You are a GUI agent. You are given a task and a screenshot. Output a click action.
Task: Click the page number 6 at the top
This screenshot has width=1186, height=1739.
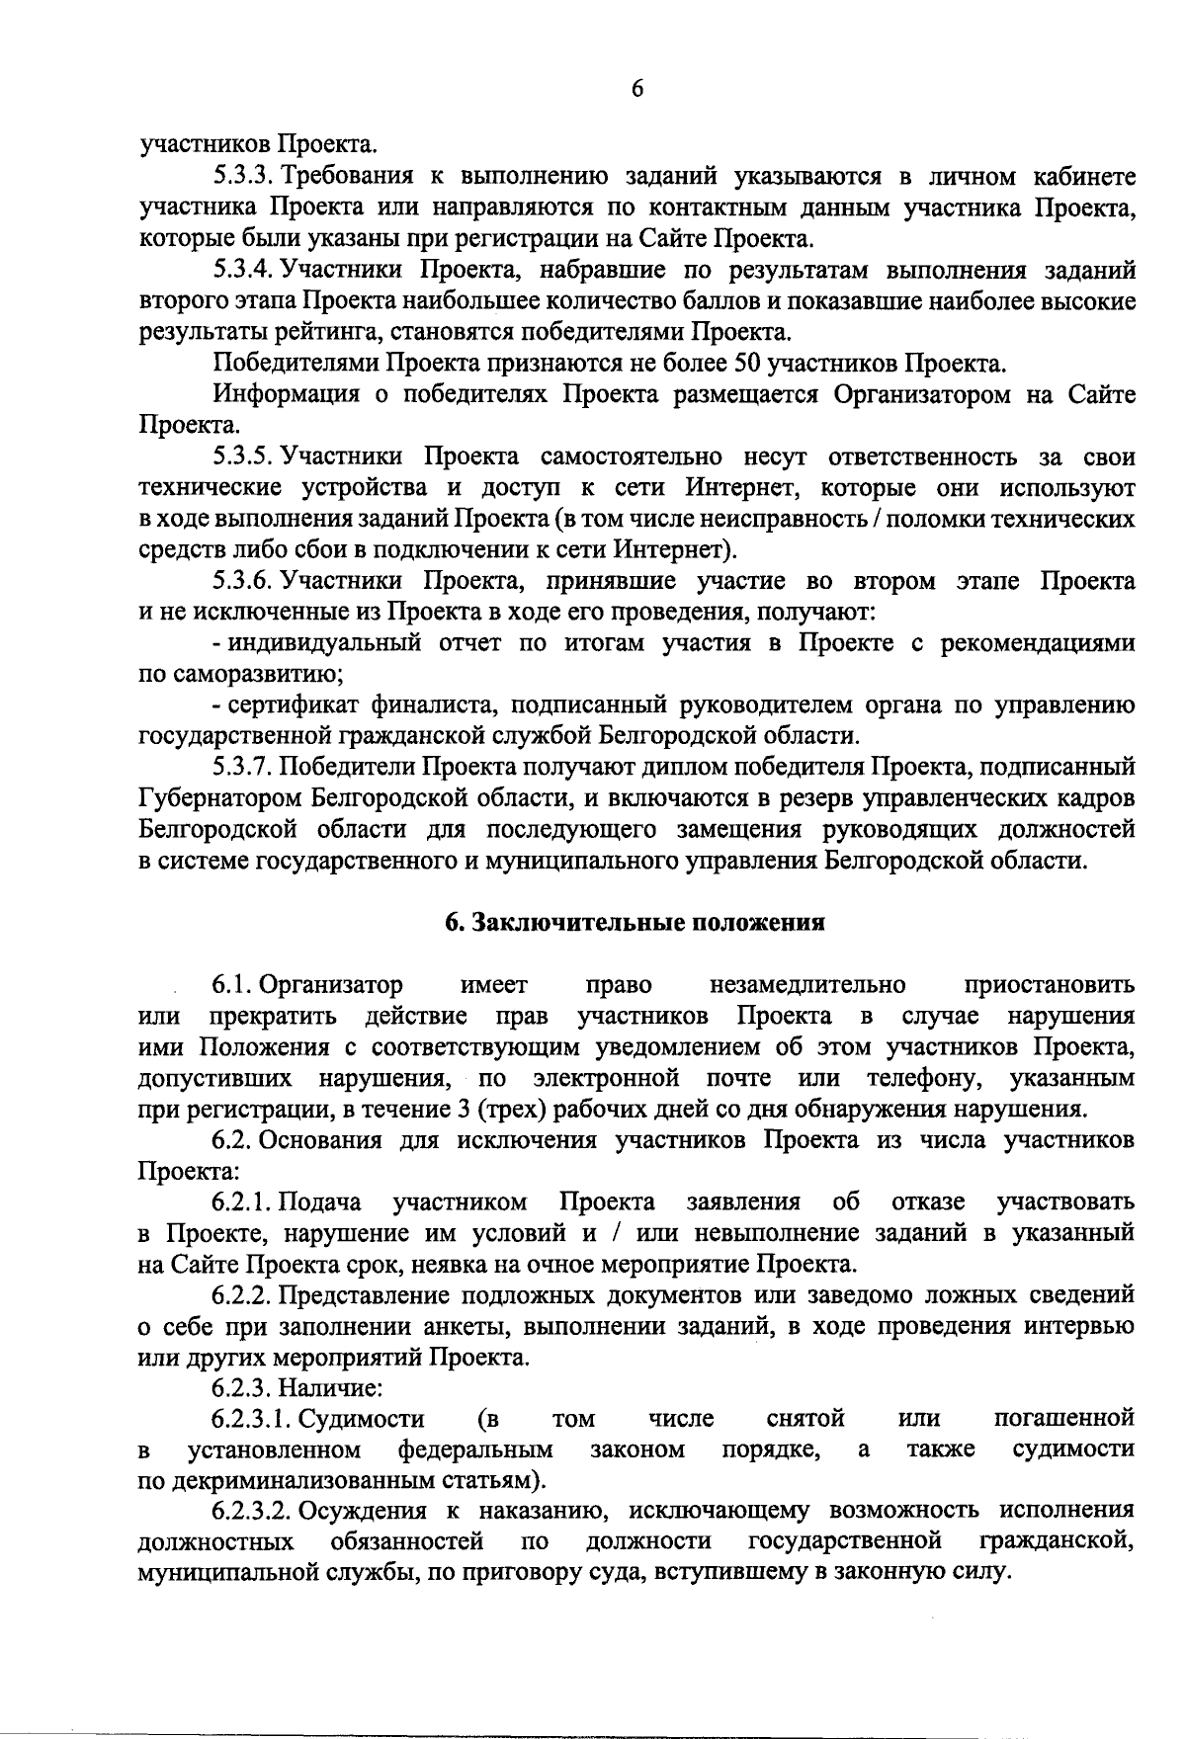(x=636, y=89)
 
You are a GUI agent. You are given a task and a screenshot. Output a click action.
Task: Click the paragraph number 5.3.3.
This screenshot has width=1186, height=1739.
(x=243, y=177)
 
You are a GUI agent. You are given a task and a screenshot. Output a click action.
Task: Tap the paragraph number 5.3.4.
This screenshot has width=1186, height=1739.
(x=243, y=270)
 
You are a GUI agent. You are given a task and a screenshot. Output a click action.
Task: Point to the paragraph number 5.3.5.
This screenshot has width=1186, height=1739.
(x=243, y=456)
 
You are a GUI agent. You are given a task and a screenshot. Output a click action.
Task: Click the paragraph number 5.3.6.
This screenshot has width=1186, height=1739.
(x=243, y=580)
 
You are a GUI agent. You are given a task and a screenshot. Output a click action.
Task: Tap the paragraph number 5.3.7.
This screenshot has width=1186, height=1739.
(x=243, y=767)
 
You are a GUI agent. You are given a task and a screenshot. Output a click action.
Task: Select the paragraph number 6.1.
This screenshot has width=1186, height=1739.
(x=233, y=985)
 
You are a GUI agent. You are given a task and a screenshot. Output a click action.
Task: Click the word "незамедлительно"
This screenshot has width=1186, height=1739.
(x=807, y=985)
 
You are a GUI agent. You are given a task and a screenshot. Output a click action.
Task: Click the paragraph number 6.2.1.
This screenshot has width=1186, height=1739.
(x=243, y=1202)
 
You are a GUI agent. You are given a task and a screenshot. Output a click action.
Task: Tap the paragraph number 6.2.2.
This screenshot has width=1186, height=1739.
(x=243, y=1295)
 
